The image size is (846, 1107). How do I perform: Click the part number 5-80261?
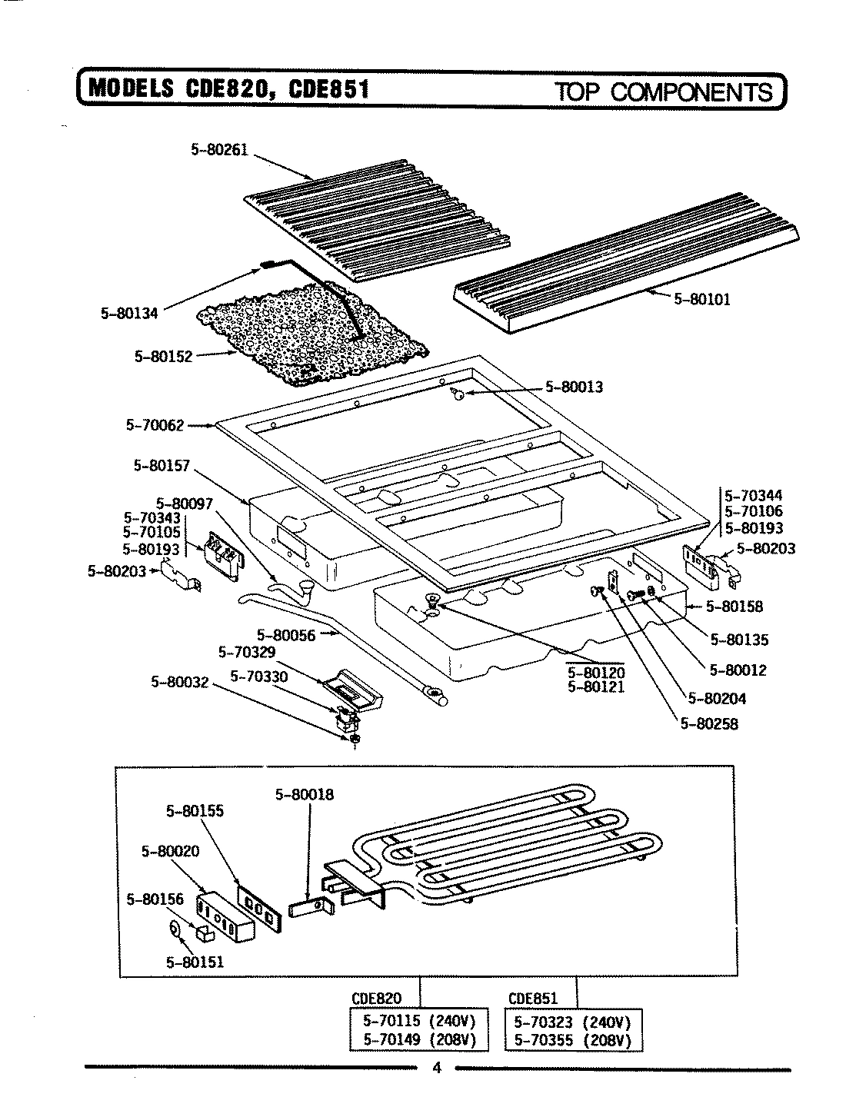pos(219,150)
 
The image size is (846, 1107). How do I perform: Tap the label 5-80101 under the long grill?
pos(701,299)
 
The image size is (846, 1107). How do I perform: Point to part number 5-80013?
pos(574,387)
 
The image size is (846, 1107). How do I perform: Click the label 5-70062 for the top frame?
pos(154,424)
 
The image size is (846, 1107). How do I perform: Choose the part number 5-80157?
pos(162,465)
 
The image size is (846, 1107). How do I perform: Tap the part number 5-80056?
pos(285,635)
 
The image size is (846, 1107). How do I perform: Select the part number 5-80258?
pos(708,723)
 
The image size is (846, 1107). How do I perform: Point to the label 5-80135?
pos(738,639)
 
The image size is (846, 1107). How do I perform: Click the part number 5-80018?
pos(305,795)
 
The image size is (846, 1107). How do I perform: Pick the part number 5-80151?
pos(195,961)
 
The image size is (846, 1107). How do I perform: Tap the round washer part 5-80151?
pos(175,929)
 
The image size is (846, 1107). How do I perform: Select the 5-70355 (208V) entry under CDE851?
pos(571,1040)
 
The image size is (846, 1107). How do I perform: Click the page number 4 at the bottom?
pos(436,1068)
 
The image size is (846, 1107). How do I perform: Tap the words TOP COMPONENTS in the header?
pos(664,92)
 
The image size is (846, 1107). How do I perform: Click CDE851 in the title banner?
pos(330,90)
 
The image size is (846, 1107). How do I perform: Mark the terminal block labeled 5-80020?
pos(225,916)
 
